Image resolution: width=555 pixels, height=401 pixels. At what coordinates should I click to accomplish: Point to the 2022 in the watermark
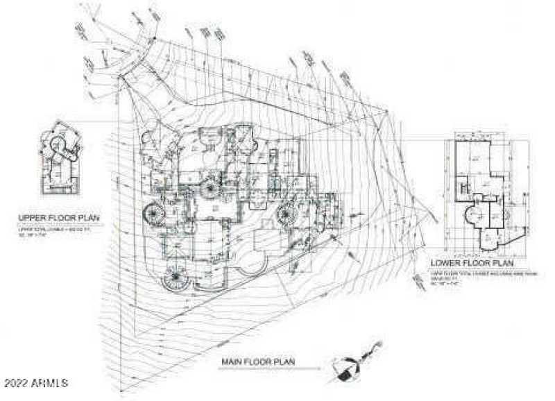click(17, 383)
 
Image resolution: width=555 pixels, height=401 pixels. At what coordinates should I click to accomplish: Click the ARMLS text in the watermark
click(51, 383)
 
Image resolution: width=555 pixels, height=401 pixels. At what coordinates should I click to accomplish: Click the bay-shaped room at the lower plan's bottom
click(490, 239)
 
